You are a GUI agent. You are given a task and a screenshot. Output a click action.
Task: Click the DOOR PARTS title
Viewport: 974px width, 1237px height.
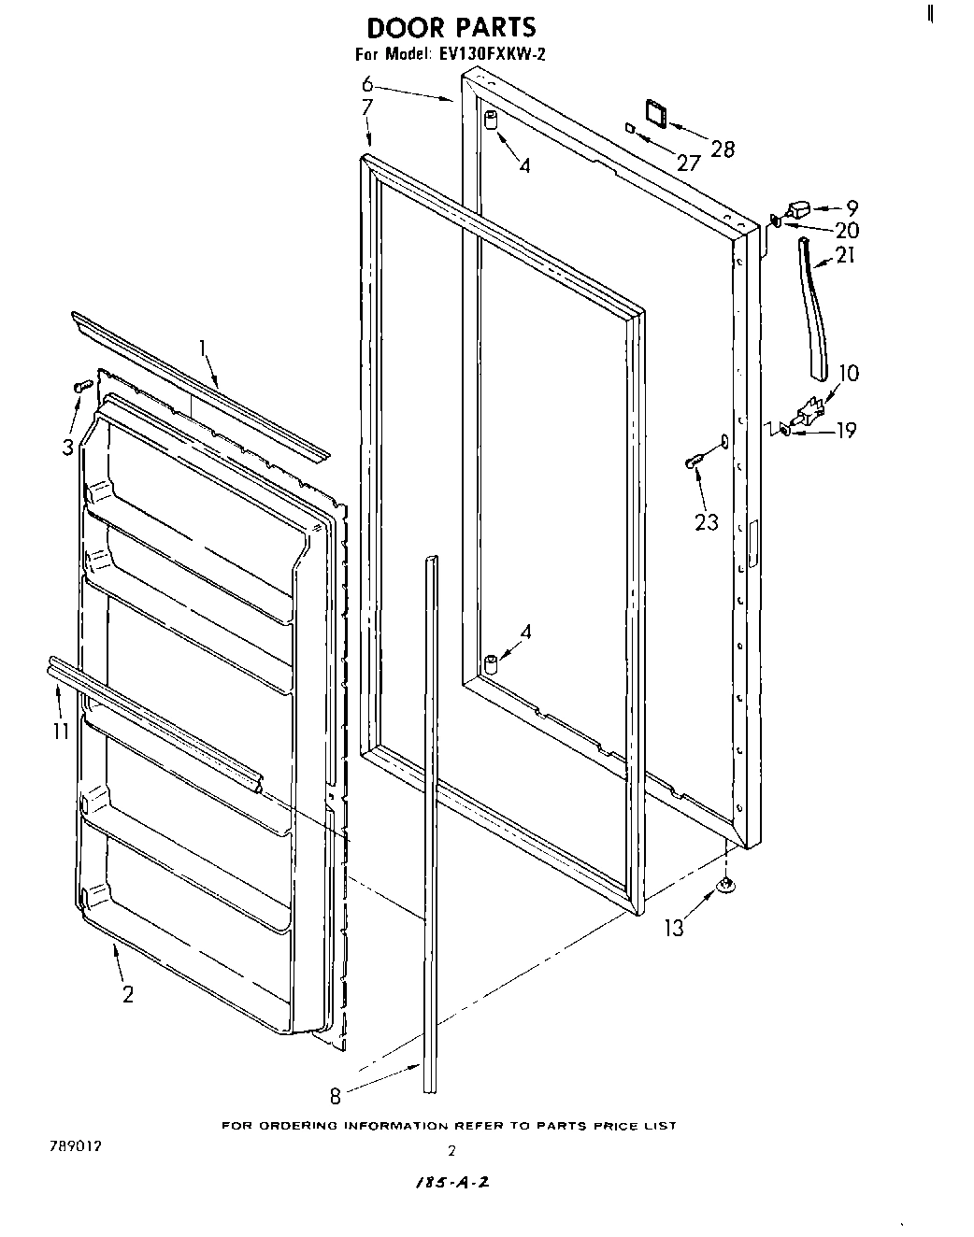(451, 27)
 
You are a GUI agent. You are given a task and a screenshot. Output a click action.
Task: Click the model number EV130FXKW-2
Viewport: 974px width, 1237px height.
(490, 55)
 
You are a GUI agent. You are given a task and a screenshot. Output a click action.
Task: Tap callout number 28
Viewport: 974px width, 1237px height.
(723, 149)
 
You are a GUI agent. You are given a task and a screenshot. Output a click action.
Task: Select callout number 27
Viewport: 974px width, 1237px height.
(688, 164)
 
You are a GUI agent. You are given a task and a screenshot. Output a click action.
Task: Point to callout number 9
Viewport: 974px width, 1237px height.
(852, 208)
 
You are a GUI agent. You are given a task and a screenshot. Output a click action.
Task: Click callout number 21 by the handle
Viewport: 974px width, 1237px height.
(845, 254)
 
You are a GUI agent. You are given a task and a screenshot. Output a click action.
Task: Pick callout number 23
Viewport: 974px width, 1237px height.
(707, 521)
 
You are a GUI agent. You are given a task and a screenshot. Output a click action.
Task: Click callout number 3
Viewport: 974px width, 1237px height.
(67, 448)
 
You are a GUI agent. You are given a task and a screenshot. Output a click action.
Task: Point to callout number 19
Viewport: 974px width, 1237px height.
(845, 431)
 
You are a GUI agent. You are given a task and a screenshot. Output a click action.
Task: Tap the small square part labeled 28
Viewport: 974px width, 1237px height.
(655, 113)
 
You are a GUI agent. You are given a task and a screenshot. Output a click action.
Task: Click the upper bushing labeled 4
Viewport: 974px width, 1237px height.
(490, 121)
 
